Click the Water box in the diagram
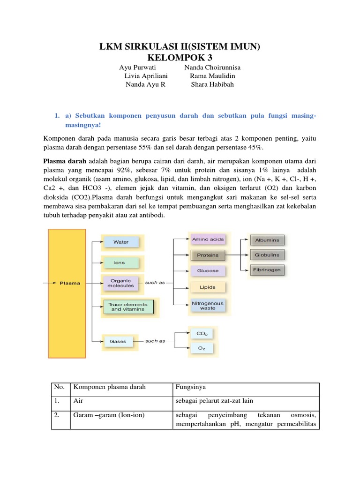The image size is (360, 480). coord(121,242)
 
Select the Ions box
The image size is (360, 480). coord(119,263)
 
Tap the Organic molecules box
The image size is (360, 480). coord(120,283)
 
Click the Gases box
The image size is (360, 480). coord(118,341)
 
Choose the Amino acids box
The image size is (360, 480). coord(208,239)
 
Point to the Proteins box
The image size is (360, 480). coord(208,255)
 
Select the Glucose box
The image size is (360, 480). coord(208,271)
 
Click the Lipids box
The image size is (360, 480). coord(208,287)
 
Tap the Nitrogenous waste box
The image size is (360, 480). coord(208,306)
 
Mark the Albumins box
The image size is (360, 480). coord(267,240)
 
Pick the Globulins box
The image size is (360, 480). coord(267,255)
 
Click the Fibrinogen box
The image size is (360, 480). coord(267,270)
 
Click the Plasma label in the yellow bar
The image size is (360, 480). coord(70,283)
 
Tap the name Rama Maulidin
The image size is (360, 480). coord(212,75)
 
